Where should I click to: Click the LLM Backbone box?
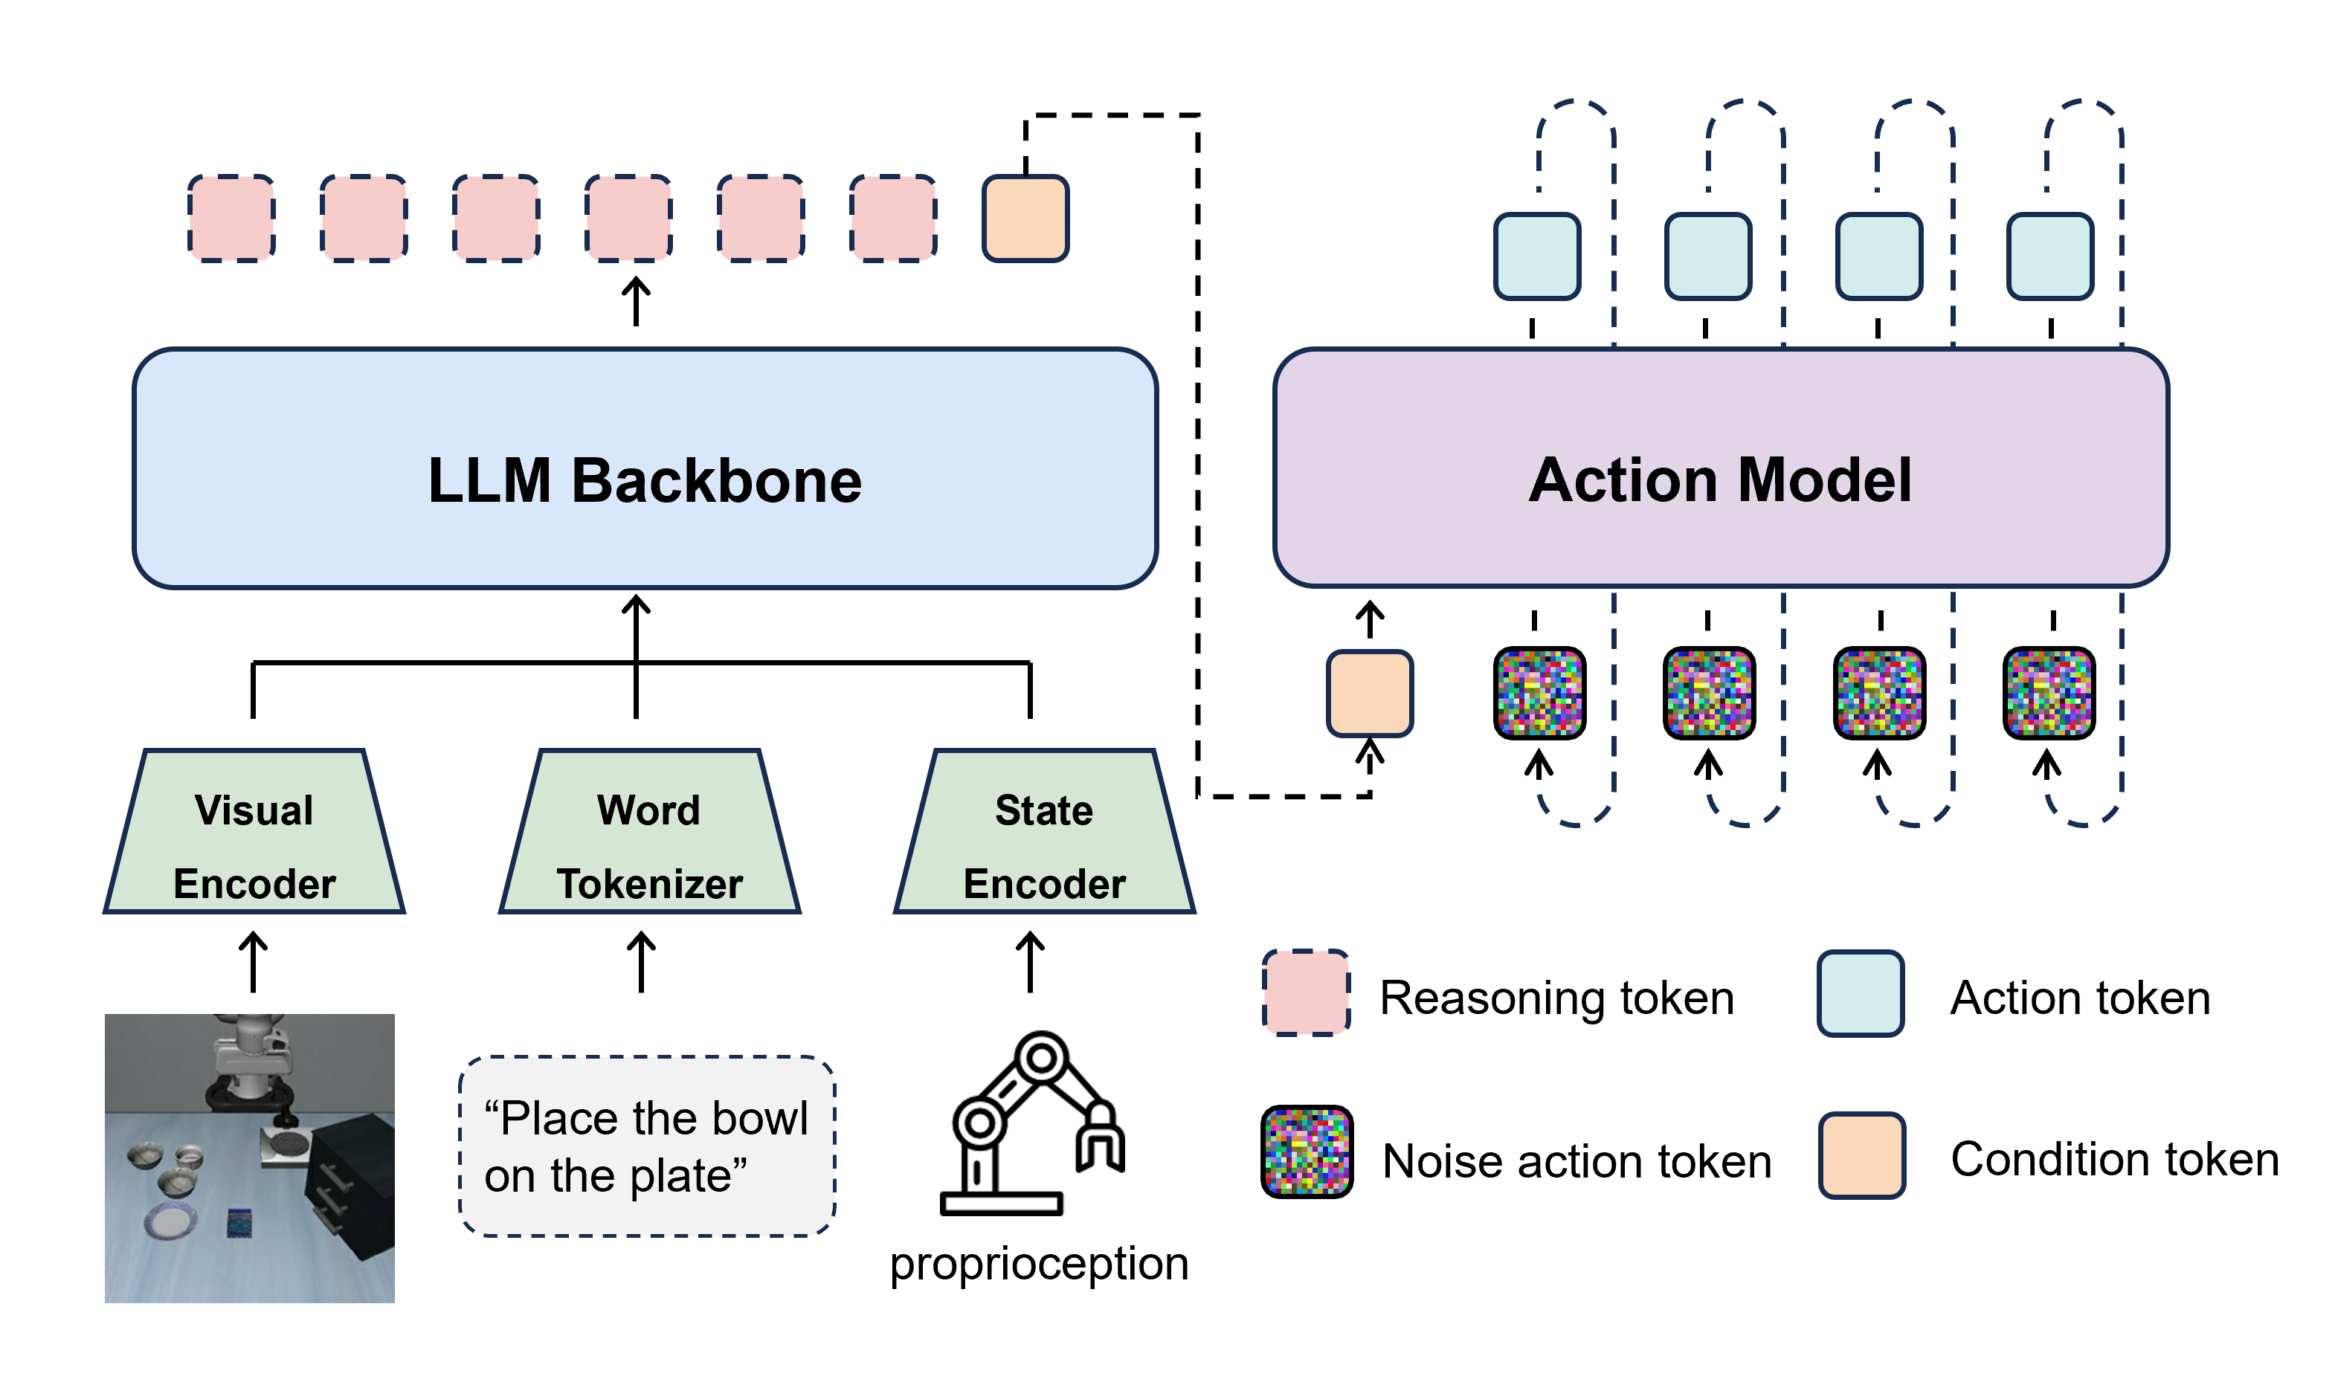(x=645, y=468)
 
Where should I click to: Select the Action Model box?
(x=1722, y=468)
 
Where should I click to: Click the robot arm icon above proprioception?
(x=1032, y=1123)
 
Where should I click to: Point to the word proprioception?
(x=1039, y=1264)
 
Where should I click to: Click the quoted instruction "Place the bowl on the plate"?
(x=646, y=1146)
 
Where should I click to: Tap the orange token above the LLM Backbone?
(x=1025, y=219)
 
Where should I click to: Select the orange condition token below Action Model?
(x=1369, y=694)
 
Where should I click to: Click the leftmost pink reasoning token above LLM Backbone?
(x=231, y=219)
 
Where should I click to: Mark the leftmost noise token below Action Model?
(x=1539, y=694)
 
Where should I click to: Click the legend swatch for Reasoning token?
(x=1306, y=992)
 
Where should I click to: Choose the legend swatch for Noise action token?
(x=1307, y=1152)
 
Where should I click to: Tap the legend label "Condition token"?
(x=2114, y=1160)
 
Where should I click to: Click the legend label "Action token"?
(x=2080, y=998)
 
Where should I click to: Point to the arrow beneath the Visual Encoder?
(x=254, y=962)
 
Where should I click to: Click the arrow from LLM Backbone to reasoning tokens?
(x=636, y=301)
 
